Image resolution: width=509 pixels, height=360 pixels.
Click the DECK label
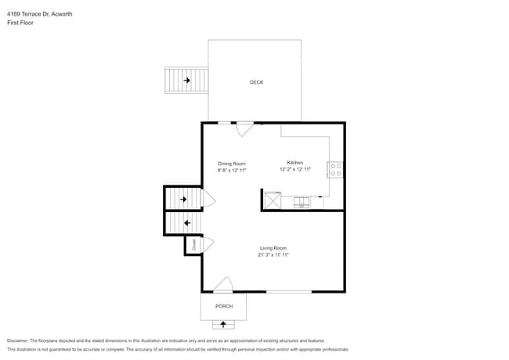[256, 82]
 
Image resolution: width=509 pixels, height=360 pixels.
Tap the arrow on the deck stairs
[187, 80]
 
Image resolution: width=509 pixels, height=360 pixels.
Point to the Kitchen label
[294, 163]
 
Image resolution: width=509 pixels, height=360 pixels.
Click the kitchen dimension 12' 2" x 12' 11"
[295, 169]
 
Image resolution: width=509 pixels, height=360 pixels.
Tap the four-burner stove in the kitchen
[335, 169]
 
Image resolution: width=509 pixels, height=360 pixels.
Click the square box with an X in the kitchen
[273, 200]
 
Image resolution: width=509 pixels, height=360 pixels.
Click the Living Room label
[273, 248]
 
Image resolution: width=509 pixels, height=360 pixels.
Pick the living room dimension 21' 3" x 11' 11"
[273, 254]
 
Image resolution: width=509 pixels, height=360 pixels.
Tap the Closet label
[193, 245]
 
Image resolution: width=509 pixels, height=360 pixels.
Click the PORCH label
[224, 306]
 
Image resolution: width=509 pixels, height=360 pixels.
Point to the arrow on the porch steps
[224, 323]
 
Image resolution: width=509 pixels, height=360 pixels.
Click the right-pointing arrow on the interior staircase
[184, 200]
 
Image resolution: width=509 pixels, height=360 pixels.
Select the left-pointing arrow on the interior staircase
[186, 223]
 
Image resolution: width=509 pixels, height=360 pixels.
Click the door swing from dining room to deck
[245, 128]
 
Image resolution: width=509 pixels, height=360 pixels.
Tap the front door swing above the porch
[223, 285]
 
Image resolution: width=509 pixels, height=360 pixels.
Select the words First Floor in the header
[20, 23]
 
